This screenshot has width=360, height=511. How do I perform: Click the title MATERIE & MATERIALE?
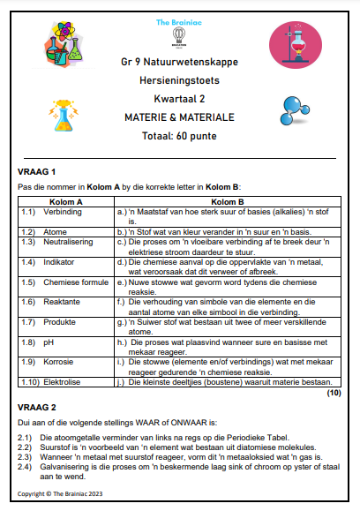[179, 116]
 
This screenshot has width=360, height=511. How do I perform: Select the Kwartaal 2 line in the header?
[179, 100]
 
